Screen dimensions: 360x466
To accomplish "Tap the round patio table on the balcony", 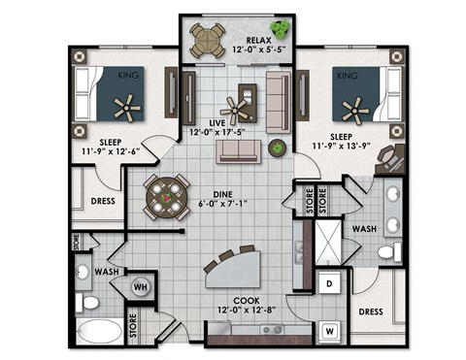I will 206,39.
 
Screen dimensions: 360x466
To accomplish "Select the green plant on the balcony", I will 282,28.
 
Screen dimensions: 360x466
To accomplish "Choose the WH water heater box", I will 140,286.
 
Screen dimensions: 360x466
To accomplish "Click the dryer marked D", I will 329,283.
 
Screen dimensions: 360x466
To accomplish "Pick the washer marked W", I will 329,330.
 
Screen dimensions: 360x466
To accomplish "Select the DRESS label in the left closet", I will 102,202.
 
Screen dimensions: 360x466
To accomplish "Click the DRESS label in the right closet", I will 368,312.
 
